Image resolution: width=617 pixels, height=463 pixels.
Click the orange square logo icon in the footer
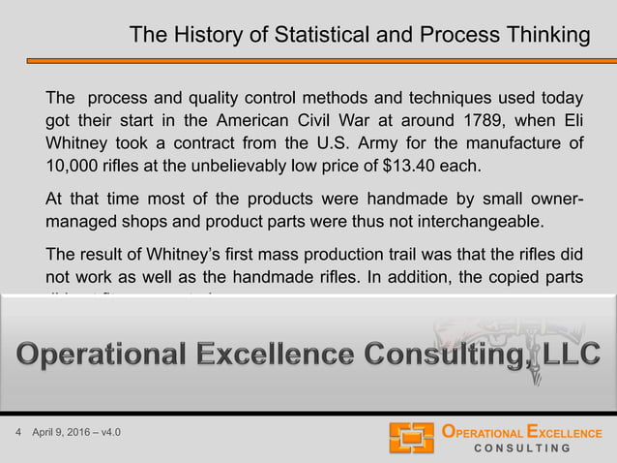pyautogui.click(x=411, y=438)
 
